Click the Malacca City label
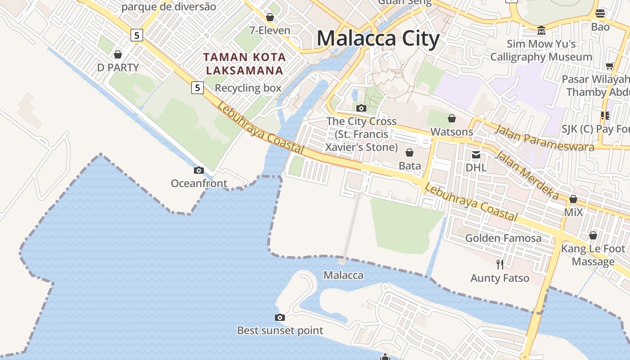[x=378, y=38]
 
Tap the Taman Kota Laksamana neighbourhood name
[x=244, y=64]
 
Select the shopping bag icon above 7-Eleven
[x=270, y=18]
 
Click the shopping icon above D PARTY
[x=118, y=54]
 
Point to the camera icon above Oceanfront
[x=199, y=170]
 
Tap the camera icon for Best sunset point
[x=280, y=317]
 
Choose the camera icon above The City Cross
[x=361, y=108]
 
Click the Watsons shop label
[x=452, y=132]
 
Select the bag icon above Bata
[x=409, y=153]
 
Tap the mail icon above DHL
[x=476, y=155]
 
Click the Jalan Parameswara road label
[x=544, y=139]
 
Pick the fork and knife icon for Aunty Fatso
[x=499, y=264]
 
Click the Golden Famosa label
[x=503, y=238]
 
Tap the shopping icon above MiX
[x=573, y=199]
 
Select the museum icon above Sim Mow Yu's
[x=541, y=31]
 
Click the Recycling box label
[x=248, y=88]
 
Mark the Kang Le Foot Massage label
[x=593, y=255]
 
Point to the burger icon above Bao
[x=600, y=13]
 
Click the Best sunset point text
[x=280, y=330]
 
